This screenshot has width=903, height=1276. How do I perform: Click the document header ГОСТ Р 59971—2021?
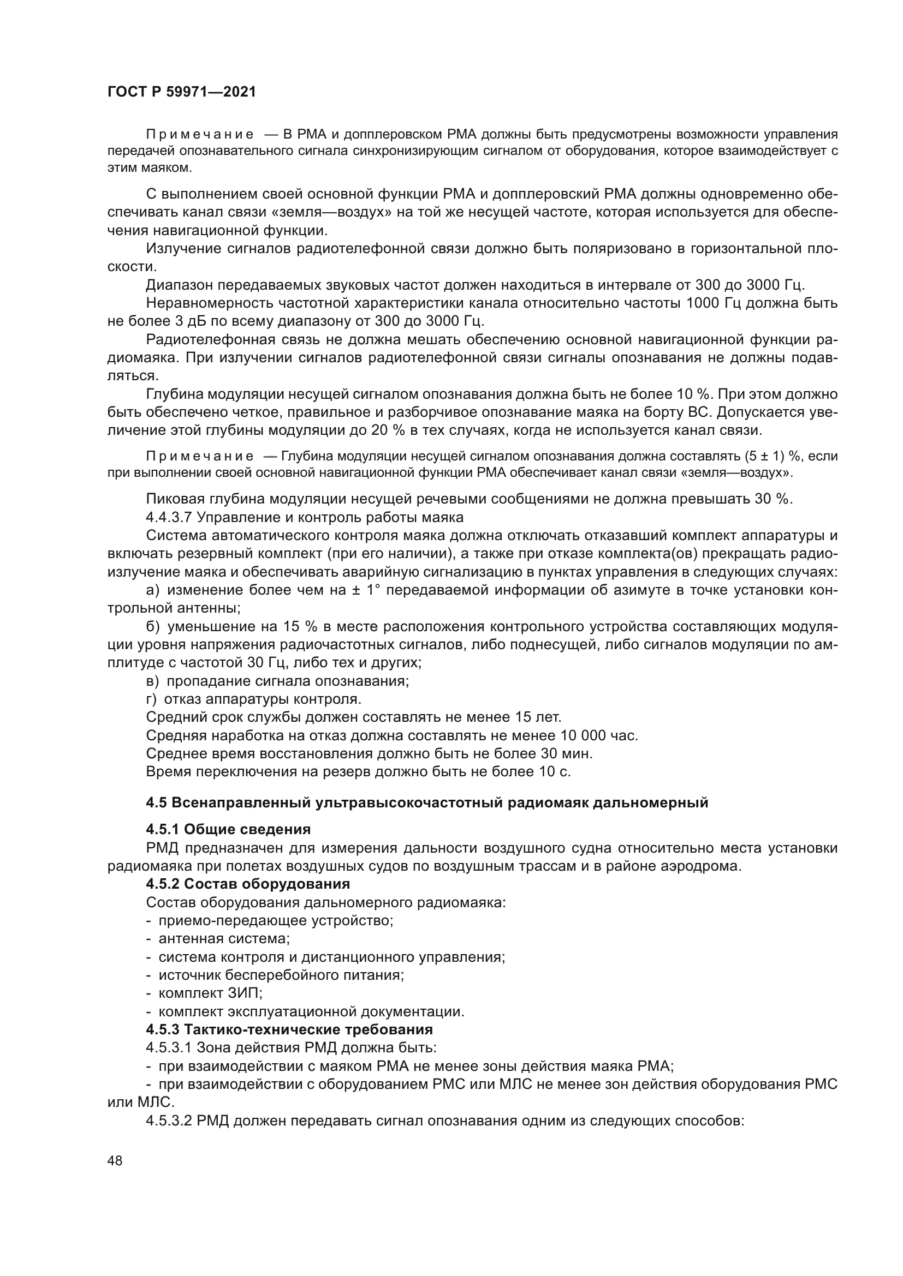tap(181, 92)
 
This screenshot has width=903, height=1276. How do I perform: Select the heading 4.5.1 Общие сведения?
tap(228, 829)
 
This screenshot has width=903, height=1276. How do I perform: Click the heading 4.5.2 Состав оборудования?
tap(247, 884)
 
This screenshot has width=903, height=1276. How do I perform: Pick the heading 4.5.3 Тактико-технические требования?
tap(289, 1029)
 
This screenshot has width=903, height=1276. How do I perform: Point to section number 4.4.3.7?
tap(169, 517)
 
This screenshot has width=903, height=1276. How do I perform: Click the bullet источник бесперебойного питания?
tap(281, 975)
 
